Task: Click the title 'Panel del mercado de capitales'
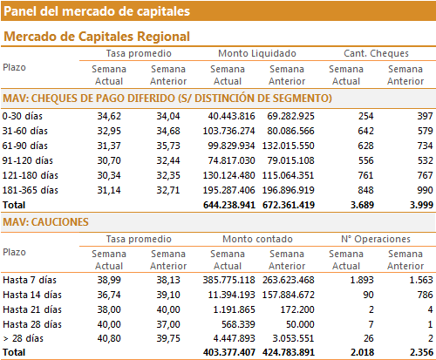click(97, 11)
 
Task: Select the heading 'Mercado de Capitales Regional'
click(97, 37)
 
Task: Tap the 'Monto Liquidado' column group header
click(257, 53)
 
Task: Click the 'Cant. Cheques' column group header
click(376, 53)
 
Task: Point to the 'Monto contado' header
click(257, 239)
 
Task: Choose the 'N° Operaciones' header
click(376, 239)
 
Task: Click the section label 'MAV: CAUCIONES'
click(45, 222)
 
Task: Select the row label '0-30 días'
click(23, 116)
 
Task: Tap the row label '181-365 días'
click(31, 190)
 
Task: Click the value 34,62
click(109, 116)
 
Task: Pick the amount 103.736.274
click(228, 131)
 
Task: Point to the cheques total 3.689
click(362, 205)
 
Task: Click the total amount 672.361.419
click(289, 205)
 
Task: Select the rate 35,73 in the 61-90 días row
click(168, 146)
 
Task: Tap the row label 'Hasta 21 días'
click(32, 309)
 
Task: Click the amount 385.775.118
click(228, 280)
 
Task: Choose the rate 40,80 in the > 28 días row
click(109, 338)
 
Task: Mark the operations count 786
click(426, 295)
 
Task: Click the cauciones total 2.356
click(421, 352)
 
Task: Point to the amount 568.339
click(238, 324)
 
